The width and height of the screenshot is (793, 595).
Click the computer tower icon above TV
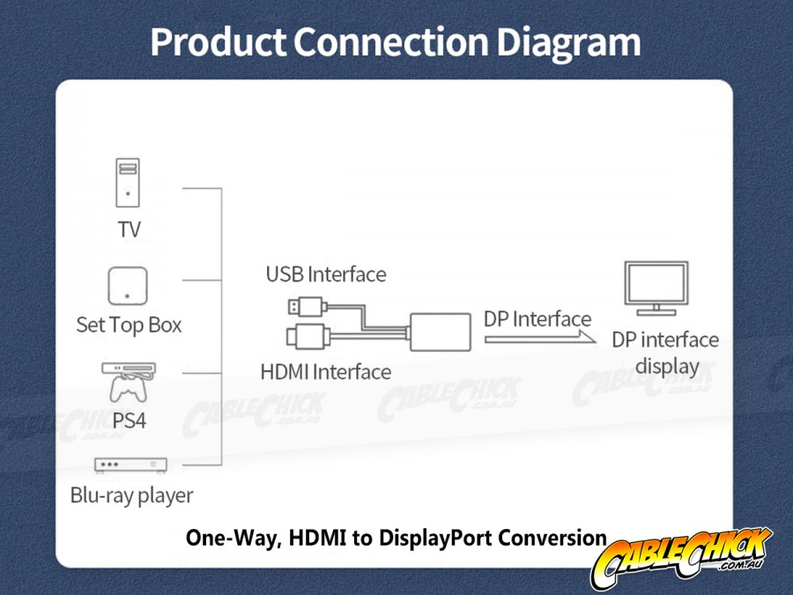pos(128,182)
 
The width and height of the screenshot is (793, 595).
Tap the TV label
pos(129,230)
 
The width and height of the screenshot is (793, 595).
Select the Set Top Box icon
pos(128,286)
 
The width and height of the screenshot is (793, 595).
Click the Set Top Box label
pos(129,324)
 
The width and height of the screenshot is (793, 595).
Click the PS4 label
pos(129,420)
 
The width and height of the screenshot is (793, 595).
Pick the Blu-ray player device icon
pos(130,465)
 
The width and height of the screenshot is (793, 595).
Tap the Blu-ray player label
pos(131,495)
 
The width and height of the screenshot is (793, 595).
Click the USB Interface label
pos(326,274)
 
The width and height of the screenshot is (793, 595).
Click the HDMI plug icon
pos(308,336)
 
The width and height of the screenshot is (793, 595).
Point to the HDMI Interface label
pos(326,372)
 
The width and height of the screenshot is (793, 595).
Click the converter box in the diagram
pos(440,332)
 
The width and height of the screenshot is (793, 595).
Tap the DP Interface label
pos(537,319)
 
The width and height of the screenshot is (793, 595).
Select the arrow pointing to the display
pos(539,338)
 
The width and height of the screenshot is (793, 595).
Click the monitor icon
pos(656,288)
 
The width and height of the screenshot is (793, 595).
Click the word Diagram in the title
pos(568,42)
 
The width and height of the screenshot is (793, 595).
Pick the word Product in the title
pos(219,41)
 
